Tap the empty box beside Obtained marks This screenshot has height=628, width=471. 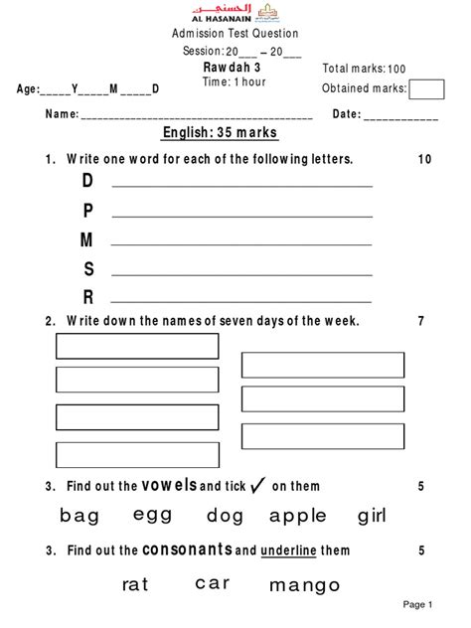(426, 89)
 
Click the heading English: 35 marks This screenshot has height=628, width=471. (220, 134)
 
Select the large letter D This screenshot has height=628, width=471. (87, 181)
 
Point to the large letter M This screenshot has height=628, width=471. (87, 239)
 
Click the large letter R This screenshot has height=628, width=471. (87, 296)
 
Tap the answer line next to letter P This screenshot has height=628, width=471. (242, 216)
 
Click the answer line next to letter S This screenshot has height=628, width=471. (242, 273)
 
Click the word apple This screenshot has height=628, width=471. (297, 515)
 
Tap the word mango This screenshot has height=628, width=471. (304, 585)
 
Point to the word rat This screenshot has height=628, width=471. (135, 584)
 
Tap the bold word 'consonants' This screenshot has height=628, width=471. (187, 549)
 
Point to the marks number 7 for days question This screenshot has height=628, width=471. (421, 321)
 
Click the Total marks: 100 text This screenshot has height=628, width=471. (365, 69)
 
